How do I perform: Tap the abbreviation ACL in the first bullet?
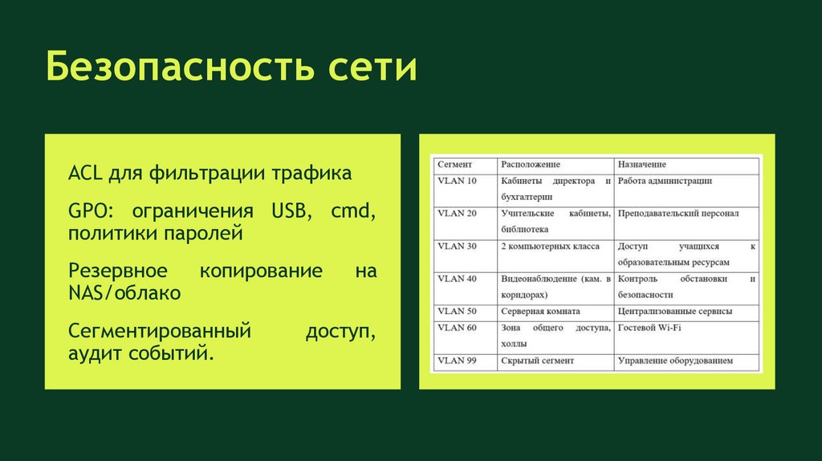coord(83,173)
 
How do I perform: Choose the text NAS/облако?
coord(124,292)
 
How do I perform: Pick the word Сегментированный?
coord(160,331)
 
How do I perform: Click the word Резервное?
coord(118,271)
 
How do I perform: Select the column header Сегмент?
coord(454,165)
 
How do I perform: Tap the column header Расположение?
coord(531,165)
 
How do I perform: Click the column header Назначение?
coord(641,165)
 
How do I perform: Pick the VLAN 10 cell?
coord(457,181)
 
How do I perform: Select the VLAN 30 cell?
coord(457,246)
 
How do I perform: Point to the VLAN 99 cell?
coord(457,361)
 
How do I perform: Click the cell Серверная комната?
coord(540,311)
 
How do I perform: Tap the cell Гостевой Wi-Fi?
coord(650,328)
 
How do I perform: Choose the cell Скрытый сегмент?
coord(537,361)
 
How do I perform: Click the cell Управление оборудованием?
coord(675,361)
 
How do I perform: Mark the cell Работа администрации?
coord(665,181)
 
